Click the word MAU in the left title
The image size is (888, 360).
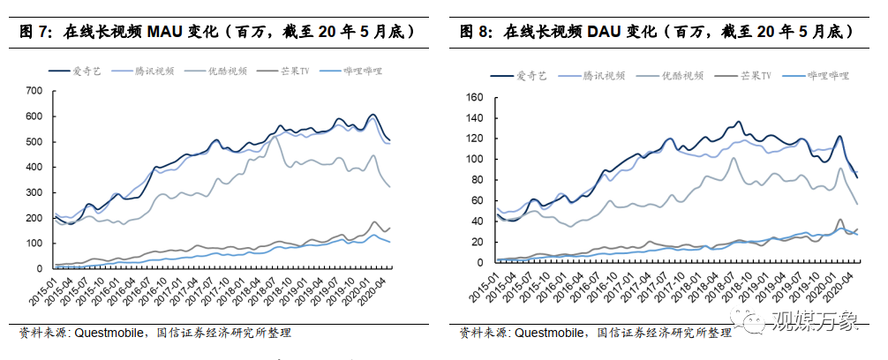[x=161, y=32]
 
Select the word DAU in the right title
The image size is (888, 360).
[x=601, y=32]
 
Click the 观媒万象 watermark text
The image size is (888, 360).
[x=814, y=320]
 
